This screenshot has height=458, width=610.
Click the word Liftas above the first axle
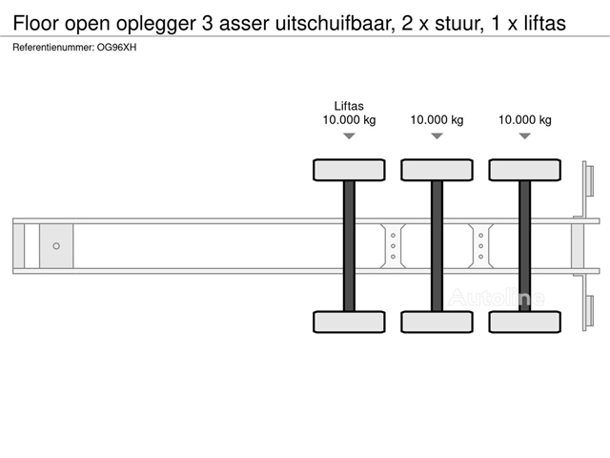pos(349,106)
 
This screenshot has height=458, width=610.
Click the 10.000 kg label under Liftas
pos(349,120)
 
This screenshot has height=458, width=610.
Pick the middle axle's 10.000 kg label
pos(437,120)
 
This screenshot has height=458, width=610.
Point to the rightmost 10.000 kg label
pos(524,120)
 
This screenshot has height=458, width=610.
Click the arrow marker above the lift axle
pos(349,136)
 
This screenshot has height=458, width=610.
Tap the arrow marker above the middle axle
pos(437,136)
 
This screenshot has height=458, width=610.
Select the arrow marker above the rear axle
pos(524,136)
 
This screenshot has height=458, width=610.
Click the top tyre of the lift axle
pos(349,170)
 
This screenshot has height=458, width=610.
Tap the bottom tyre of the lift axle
pos(349,321)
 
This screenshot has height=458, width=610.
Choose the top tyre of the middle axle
pos(437,170)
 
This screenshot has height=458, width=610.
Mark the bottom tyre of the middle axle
pos(437,321)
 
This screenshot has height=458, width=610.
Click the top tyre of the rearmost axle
pos(524,170)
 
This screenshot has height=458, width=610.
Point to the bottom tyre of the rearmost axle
pos(524,321)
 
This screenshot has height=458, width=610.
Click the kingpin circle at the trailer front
pos(56,246)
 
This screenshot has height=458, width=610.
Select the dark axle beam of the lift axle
pos(349,245)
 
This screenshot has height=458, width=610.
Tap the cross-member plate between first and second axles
pos(393,245)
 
